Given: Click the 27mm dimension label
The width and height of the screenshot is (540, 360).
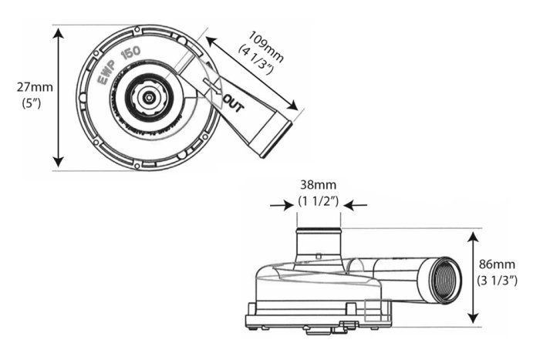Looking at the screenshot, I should [x=30, y=87].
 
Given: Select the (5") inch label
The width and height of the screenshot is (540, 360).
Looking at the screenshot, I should [x=30, y=101].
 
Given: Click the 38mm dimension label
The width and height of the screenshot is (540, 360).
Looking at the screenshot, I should [x=319, y=185].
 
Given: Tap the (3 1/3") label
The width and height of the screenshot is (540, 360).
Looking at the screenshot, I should [x=497, y=279].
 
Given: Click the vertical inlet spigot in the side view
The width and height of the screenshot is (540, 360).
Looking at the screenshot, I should [x=319, y=244].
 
